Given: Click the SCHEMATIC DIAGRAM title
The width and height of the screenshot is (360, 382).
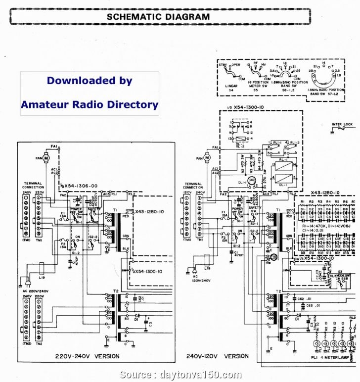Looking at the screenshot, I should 158,16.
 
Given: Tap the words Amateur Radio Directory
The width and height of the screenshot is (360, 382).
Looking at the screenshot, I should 90,104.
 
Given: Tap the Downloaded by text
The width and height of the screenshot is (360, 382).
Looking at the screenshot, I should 90,81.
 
